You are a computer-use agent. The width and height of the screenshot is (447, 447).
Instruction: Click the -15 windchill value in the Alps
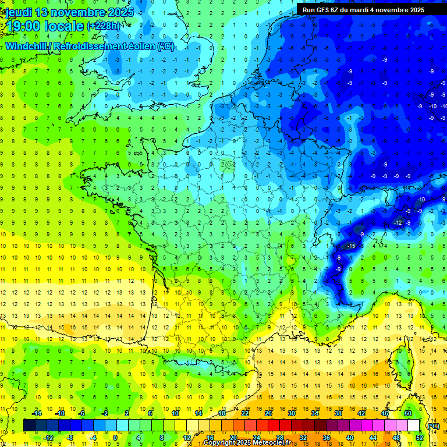[x=350, y=246]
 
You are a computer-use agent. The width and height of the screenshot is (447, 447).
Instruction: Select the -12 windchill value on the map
[x=399, y=223]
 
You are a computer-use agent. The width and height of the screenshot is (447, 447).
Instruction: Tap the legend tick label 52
[x=420, y=437]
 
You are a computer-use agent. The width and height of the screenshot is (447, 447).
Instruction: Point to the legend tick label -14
[x=38, y=413]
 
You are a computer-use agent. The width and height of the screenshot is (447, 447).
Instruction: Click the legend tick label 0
[x=115, y=437]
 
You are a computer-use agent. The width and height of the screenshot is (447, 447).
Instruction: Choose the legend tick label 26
[x=268, y=413]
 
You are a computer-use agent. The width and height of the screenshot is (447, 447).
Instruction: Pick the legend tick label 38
[x=338, y=413]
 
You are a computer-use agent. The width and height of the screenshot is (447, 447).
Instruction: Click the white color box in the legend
[x=414, y=425]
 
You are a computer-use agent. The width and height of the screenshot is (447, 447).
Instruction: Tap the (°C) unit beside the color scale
[x=433, y=425]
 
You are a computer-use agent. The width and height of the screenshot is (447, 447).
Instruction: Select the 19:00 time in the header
[x=24, y=26]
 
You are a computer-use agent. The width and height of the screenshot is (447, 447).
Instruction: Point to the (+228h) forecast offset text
[x=104, y=26]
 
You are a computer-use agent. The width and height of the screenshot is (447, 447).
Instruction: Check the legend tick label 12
[x=187, y=437]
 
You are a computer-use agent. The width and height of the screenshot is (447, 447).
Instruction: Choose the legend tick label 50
[x=407, y=413]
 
